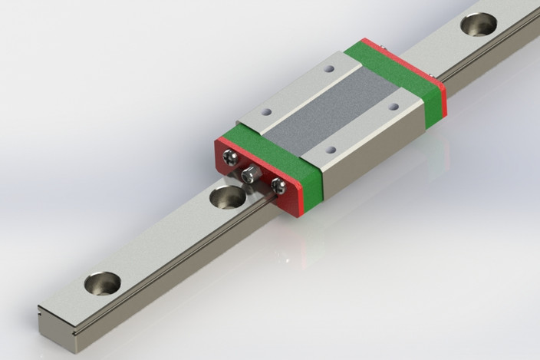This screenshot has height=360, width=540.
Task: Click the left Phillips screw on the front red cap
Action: point(229,159)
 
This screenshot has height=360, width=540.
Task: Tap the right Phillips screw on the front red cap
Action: point(278,185)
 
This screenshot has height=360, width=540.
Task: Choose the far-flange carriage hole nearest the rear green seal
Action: point(329,69)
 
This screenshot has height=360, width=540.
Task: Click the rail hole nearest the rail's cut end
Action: point(104,282)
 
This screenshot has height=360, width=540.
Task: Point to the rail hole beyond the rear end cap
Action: point(478,24)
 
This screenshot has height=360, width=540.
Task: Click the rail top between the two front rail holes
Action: point(165,242)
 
